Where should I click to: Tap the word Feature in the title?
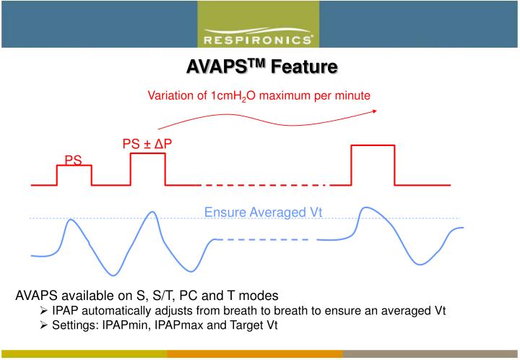[x=304, y=69]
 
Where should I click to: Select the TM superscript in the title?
[x=257, y=64]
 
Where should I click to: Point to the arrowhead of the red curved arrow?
[x=375, y=111]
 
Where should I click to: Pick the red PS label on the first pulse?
[x=74, y=160]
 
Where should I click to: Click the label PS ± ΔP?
[x=147, y=145]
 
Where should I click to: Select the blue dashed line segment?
[x=264, y=239]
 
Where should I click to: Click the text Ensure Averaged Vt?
[x=263, y=212]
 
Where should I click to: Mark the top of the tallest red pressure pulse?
[x=373, y=145]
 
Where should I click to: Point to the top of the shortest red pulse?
[x=74, y=166]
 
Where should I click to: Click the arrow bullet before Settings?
[x=44, y=325]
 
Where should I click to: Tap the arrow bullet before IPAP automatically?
[x=44, y=311]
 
